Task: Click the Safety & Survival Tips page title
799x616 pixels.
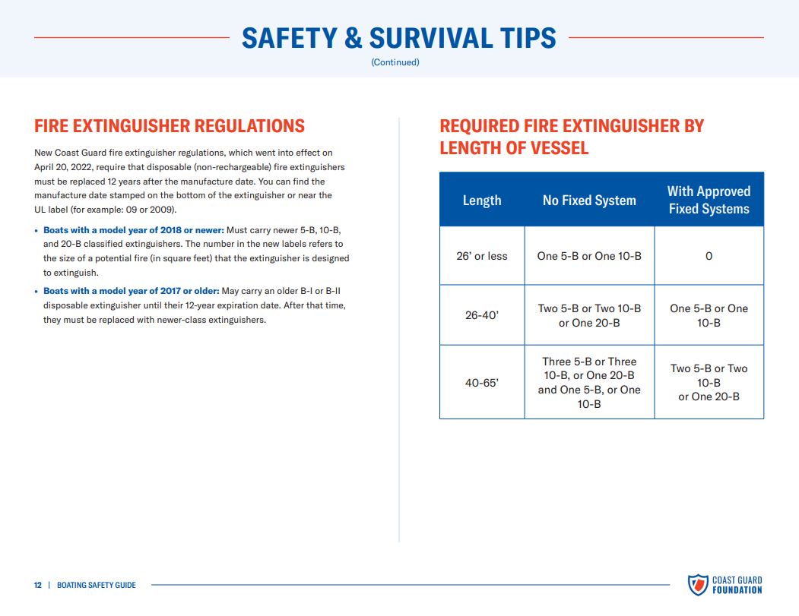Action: [398, 38]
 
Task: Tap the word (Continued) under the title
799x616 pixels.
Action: [395, 62]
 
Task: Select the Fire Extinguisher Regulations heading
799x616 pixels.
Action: [170, 126]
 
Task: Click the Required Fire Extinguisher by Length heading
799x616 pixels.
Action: [571, 137]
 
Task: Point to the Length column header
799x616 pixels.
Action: [482, 200]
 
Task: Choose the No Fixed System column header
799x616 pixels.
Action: [589, 200]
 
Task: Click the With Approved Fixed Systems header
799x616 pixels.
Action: [709, 200]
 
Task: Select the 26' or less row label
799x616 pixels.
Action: [482, 255]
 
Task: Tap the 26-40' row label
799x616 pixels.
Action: [482, 315]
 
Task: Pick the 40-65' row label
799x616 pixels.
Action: [482, 382]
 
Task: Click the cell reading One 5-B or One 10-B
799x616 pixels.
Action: [589, 255]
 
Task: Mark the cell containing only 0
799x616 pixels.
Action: [709, 255]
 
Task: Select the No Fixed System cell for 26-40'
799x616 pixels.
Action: [589, 315]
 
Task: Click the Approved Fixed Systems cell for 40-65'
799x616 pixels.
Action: [709, 382]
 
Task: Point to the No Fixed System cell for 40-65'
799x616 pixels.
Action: [589, 382]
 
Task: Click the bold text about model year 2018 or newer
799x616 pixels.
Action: [134, 230]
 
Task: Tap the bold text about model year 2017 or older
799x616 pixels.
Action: [131, 291]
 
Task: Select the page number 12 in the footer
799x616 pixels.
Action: [38, 585]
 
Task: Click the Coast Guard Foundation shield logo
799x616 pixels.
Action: [698, 585]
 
